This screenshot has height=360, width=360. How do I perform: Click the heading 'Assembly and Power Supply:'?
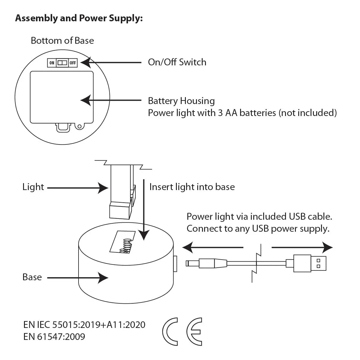(79, 19)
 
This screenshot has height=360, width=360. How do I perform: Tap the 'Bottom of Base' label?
(62, 41)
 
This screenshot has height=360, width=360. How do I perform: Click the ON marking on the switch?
(52, 63)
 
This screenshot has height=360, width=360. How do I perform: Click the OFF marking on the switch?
(73, 63)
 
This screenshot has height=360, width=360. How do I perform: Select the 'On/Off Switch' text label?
(177, 62)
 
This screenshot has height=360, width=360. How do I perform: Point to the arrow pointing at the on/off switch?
(111, 63)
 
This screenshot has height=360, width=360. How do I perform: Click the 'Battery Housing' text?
(181, 101)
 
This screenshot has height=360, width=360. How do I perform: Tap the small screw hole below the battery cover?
(79, 126)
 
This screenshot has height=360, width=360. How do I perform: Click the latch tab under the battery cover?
(63, 128)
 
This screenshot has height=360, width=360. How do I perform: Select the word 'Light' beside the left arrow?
(33, 187)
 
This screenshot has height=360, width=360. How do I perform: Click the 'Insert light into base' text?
(192, 187)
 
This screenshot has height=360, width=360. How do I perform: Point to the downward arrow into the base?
(144, 210)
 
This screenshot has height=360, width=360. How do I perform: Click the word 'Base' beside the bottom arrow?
(32, 277)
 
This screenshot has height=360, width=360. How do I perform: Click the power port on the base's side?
(175, 263)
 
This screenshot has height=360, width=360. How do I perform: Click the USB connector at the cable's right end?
(310, 263)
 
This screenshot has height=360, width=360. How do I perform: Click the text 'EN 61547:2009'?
(54, 337)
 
